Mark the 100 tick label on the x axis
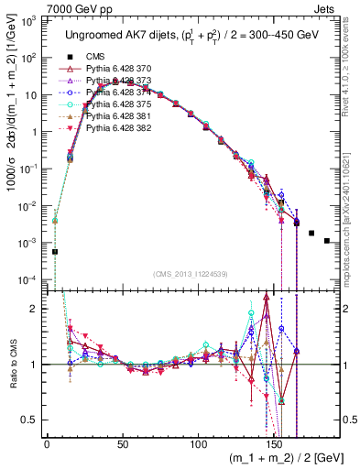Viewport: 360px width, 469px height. [x=198, y=442]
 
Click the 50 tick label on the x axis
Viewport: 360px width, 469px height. [x=123, y=442]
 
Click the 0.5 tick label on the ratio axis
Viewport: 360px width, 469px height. [x=33, y=420]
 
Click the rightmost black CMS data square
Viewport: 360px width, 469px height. [x=327, y=241]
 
